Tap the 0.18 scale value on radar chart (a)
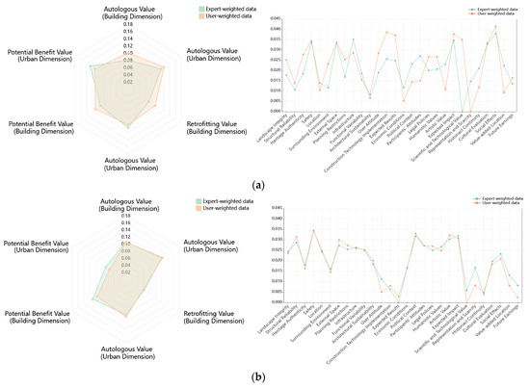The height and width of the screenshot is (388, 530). tap(128, 26)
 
